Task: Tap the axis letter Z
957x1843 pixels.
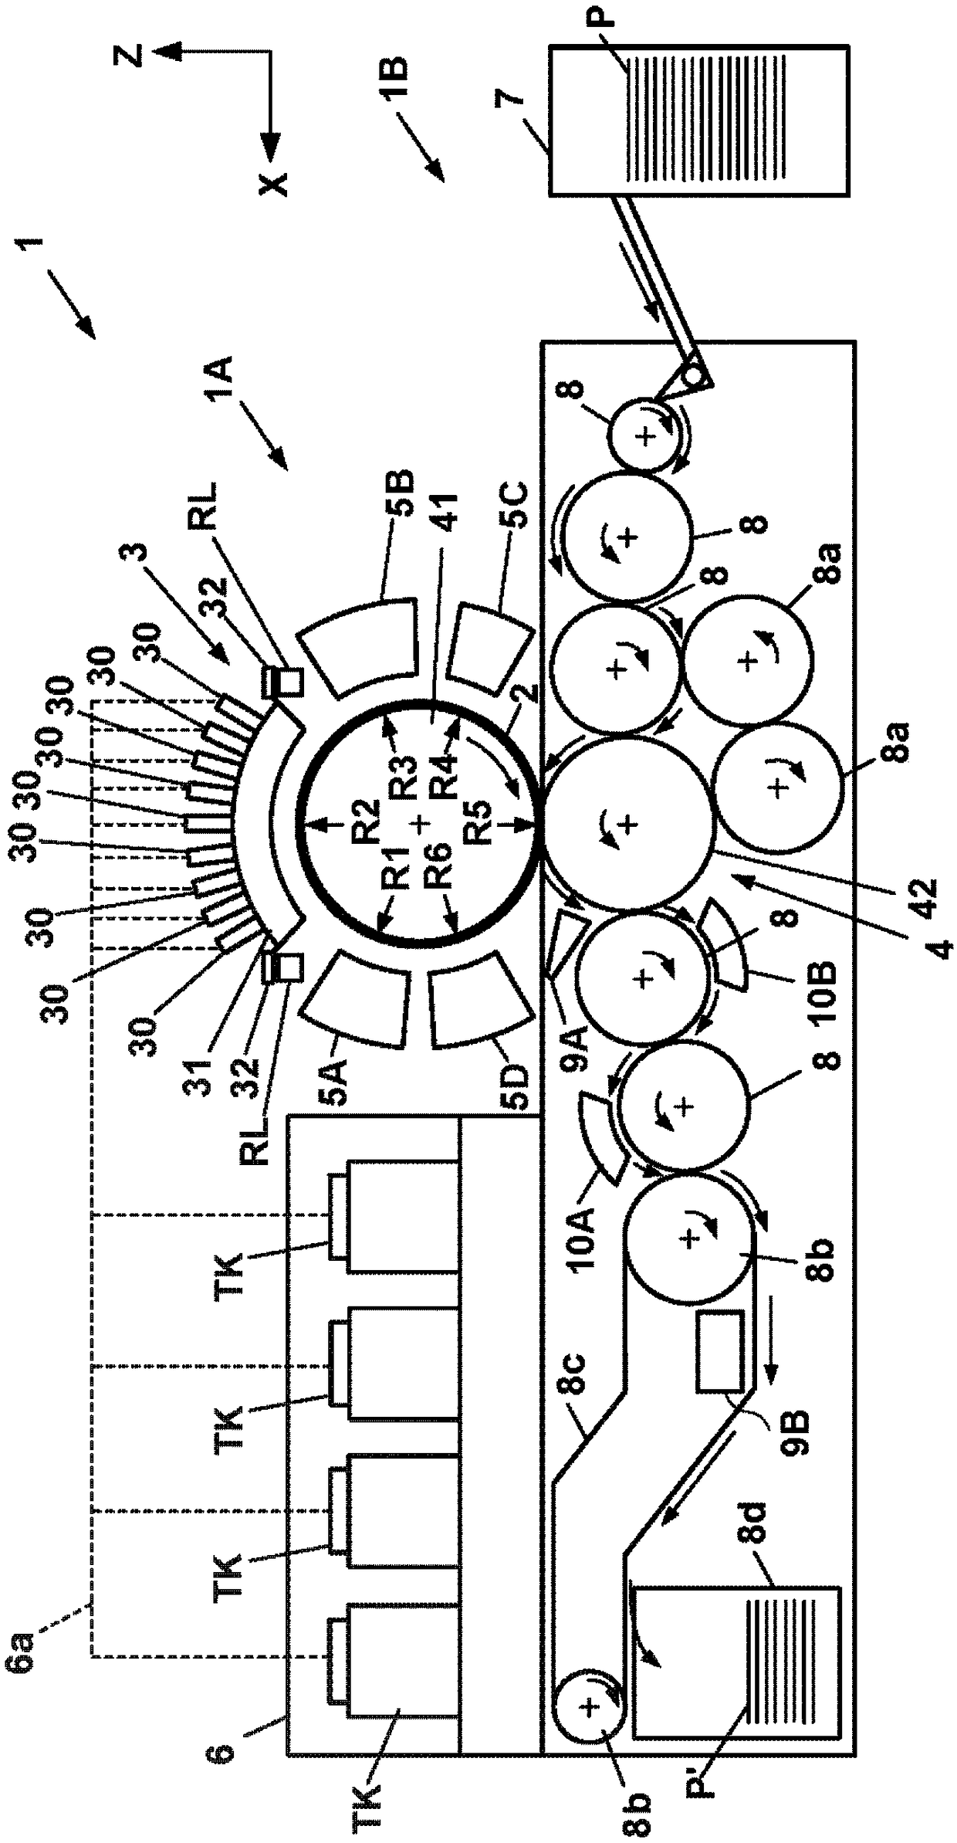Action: [x=135, y=56]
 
